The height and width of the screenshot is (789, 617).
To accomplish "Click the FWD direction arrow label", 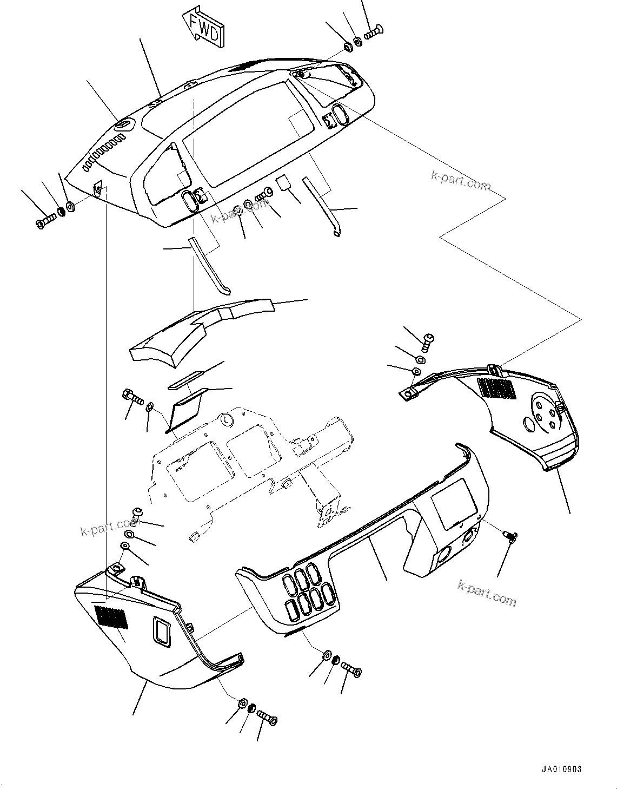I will (205, 28).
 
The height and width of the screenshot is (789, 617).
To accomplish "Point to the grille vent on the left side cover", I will (112, 617).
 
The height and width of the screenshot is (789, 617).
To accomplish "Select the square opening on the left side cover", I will (162, 630).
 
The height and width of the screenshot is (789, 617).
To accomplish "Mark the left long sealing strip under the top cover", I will (209, 265).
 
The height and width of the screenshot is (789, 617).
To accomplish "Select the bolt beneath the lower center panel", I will (351, 670).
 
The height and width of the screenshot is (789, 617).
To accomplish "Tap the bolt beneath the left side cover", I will (267, 718).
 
